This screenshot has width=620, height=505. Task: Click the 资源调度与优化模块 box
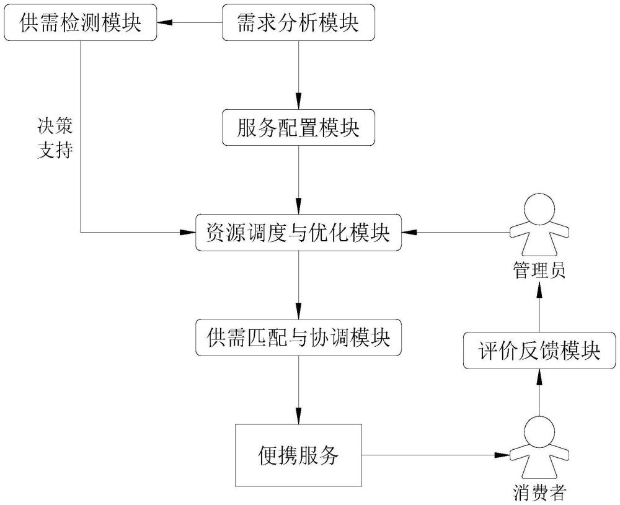coord(298,233)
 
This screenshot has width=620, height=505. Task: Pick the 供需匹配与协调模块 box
coord(298,338)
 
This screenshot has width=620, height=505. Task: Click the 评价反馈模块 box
coord(539,351)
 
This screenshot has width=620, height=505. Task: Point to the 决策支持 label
coord(56,138)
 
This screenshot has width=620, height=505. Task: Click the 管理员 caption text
coord(539,271)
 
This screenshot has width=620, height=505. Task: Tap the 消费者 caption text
coord(539,493)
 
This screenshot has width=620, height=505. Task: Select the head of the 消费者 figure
coord(538,429)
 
